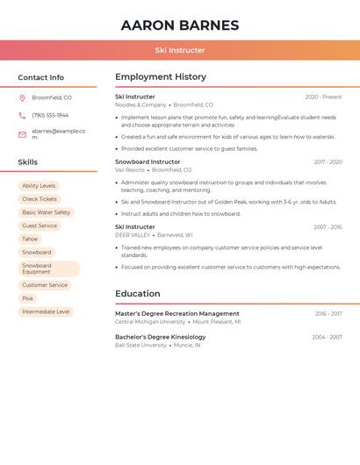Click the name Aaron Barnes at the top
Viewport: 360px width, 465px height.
pos(180,25)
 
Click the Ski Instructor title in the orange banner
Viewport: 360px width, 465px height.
pos(180,51)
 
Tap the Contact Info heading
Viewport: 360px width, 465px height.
pos(41,77)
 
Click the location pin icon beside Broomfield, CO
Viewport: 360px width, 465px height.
pos(22,98)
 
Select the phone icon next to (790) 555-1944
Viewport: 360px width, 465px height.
pos(22,116)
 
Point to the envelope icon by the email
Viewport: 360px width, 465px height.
pos(22,134)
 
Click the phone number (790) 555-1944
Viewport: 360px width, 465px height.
pos(50,116)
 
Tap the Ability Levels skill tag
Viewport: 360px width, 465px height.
pos(39,186)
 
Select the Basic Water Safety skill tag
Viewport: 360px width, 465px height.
pos(46,212)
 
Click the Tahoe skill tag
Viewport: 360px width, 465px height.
pos(30,239)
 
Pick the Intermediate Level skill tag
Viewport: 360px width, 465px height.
pos(46,311)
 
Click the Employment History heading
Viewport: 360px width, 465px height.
pos(161,77)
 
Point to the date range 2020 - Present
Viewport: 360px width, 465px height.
pos(323,97)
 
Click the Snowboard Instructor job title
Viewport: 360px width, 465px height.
pos(148,162)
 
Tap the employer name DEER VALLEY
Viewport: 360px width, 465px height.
pos(133,235)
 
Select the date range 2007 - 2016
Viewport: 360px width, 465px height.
pos(328,227)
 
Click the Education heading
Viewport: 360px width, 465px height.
pos(138,294)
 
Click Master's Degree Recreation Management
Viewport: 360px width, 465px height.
pos(177,313)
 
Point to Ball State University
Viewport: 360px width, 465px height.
pos(140,345)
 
